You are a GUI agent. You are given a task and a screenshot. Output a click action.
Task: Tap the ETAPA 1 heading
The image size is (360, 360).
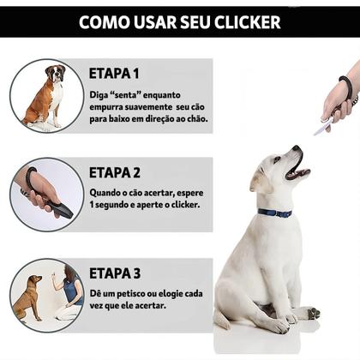tap(114, 73)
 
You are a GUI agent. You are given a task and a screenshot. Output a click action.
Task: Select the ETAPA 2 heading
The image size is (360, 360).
tap(115, 172)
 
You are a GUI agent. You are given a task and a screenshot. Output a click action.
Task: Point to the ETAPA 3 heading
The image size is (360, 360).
tap(115, 273)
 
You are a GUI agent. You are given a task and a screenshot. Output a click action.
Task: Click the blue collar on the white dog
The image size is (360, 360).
tap(274, 213)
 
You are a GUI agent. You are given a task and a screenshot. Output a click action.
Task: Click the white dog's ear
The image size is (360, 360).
tap(259, 179)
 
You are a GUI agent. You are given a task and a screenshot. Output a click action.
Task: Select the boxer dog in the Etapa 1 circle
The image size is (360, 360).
tap(46, 95)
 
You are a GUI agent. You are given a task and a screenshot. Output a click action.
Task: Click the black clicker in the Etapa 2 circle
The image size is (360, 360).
tap(57, 206)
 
